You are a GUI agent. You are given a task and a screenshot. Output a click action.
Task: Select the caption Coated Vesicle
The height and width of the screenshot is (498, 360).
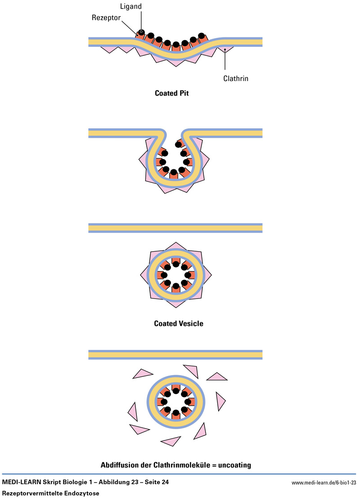[178, 323]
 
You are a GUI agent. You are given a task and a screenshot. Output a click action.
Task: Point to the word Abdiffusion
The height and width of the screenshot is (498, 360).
[122, 464]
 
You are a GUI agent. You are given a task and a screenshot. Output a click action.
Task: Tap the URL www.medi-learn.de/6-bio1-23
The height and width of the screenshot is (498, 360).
[324, 483]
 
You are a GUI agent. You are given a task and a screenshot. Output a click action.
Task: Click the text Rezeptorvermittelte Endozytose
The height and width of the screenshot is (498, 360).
[50, 493]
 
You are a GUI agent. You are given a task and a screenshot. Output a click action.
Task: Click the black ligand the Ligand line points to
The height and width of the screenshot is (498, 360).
[142, 32]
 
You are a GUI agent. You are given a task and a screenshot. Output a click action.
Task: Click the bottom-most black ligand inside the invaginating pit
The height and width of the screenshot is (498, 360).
[174, 172]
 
